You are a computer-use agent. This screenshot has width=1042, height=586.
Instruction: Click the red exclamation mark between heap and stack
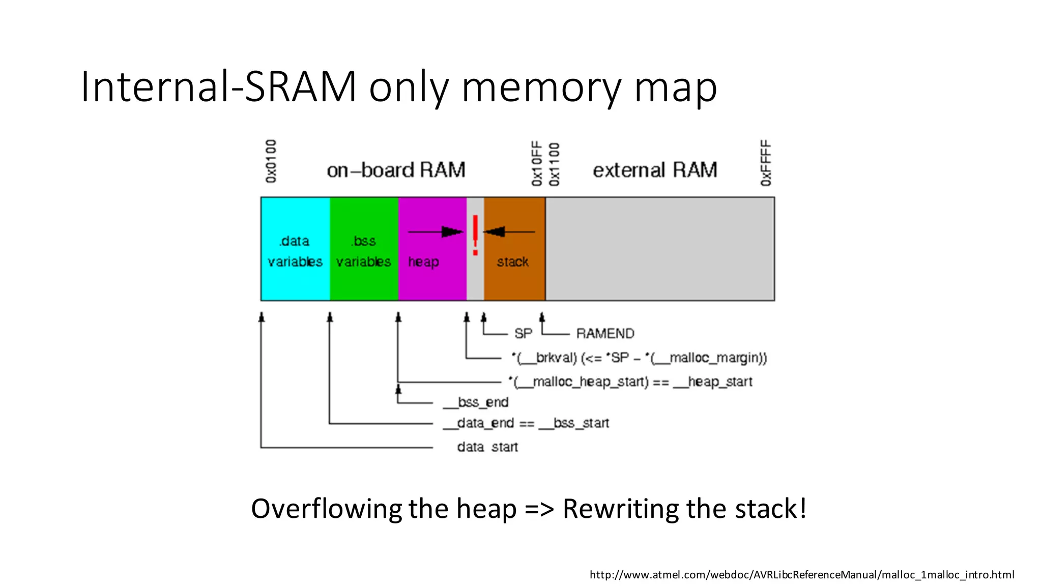[x=475, y=235]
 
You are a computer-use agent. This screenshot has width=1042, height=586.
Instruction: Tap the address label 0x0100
[x=271, y=161]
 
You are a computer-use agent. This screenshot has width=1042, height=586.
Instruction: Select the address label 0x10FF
[x=537, y=164]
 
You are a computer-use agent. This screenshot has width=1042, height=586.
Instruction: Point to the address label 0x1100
[x=554, y=164]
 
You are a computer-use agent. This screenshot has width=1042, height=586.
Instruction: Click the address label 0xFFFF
[x=766, y=163]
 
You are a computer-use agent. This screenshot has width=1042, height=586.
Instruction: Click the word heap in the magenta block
[x=423, y=261]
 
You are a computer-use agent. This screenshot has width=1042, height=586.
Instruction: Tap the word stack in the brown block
[x=512, y=261]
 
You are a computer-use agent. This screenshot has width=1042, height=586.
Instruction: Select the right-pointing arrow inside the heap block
[x=436, y=232]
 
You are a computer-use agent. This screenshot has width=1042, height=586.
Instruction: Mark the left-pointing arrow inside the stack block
[x=508, y=232]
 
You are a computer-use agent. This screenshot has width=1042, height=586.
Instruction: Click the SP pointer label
[x=523, y=334]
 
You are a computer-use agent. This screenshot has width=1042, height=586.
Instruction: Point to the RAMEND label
[x=605, y=334]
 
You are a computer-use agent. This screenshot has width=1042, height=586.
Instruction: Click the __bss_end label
[x=476, y=402]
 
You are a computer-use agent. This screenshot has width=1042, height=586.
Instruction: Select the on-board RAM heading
[x=396, y=170]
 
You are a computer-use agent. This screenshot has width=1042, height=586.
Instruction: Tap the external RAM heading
[x=655, y=170]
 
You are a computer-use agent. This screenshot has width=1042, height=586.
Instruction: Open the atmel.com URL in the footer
[x=801, y=575]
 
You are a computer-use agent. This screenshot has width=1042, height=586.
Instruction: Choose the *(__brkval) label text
[x=544, y=358]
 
